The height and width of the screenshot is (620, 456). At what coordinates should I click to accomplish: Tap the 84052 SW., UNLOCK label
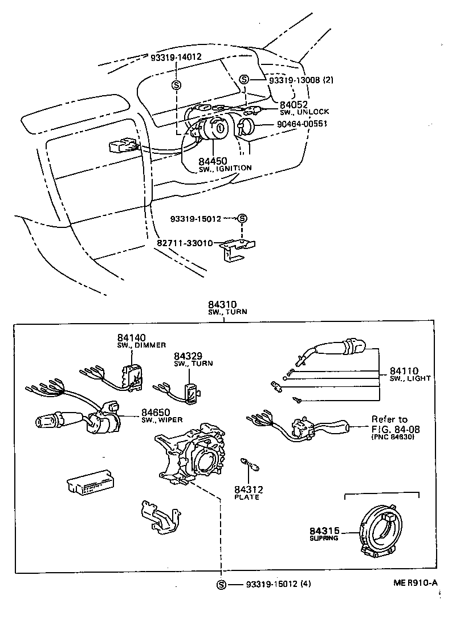pos(301,108)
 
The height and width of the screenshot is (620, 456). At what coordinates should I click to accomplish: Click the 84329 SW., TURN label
pos(189,359)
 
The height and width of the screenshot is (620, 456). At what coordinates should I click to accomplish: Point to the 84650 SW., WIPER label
pos(161,415)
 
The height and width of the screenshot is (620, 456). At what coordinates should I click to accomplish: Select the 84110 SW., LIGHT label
pos(410,374)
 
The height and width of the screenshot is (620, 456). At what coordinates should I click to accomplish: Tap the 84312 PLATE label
pos(247,493)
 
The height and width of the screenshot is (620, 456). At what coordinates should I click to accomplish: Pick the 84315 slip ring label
pos(324,533)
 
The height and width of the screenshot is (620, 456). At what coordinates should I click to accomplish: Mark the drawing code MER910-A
pos(414,582)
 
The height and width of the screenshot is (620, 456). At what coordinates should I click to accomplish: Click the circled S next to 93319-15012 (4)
pos(221,585)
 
